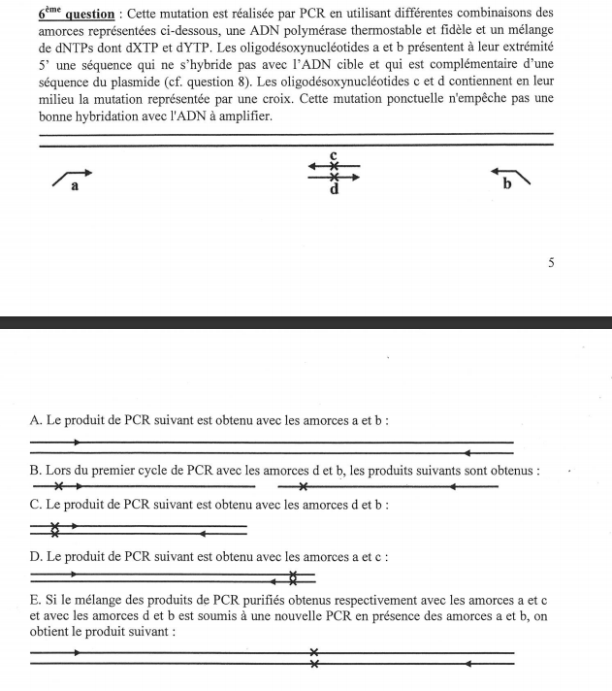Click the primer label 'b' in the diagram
[x=506, y=184]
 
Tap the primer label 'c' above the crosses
[x=333, y=155]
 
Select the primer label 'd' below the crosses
[x=334, y=190]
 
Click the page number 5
[x=551, y=262]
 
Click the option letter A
[x=36, y=420]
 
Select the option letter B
[x=36, y=471]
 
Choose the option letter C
[x=36, y=506]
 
